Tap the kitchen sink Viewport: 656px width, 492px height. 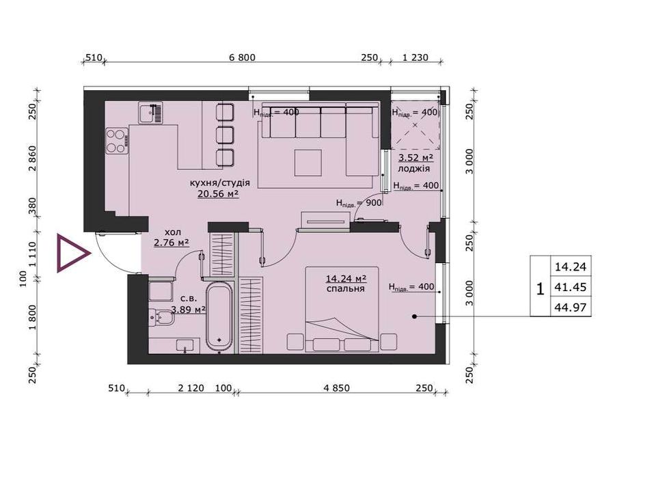click(x=150, y=113)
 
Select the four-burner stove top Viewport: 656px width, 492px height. click(x=117, y=141)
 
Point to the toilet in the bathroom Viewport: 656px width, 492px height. click(x=161, y=317)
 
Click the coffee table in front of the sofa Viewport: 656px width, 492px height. click(x=308, y=163)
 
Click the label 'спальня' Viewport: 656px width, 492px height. click(x=346, y=288)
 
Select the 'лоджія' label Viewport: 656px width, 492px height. click(x=414, y=169)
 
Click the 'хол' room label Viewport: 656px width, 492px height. click(x=172, y=232)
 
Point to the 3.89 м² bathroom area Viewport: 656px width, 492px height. click(x=189, y=310)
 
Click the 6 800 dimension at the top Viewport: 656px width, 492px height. click(x=242, y=57)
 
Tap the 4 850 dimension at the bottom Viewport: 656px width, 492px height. click(x=336, y=388)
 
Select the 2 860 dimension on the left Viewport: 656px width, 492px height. click(x=33, y=159)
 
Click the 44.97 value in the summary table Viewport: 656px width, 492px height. click(x=571, y=307)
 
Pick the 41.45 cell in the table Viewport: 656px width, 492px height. click(x=571, y=287)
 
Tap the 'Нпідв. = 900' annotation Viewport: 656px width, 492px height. click(x=359, y=204)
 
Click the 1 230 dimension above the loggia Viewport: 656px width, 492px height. click(x=415, y=57)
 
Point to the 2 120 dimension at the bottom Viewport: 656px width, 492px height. click(x=191, y=388)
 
